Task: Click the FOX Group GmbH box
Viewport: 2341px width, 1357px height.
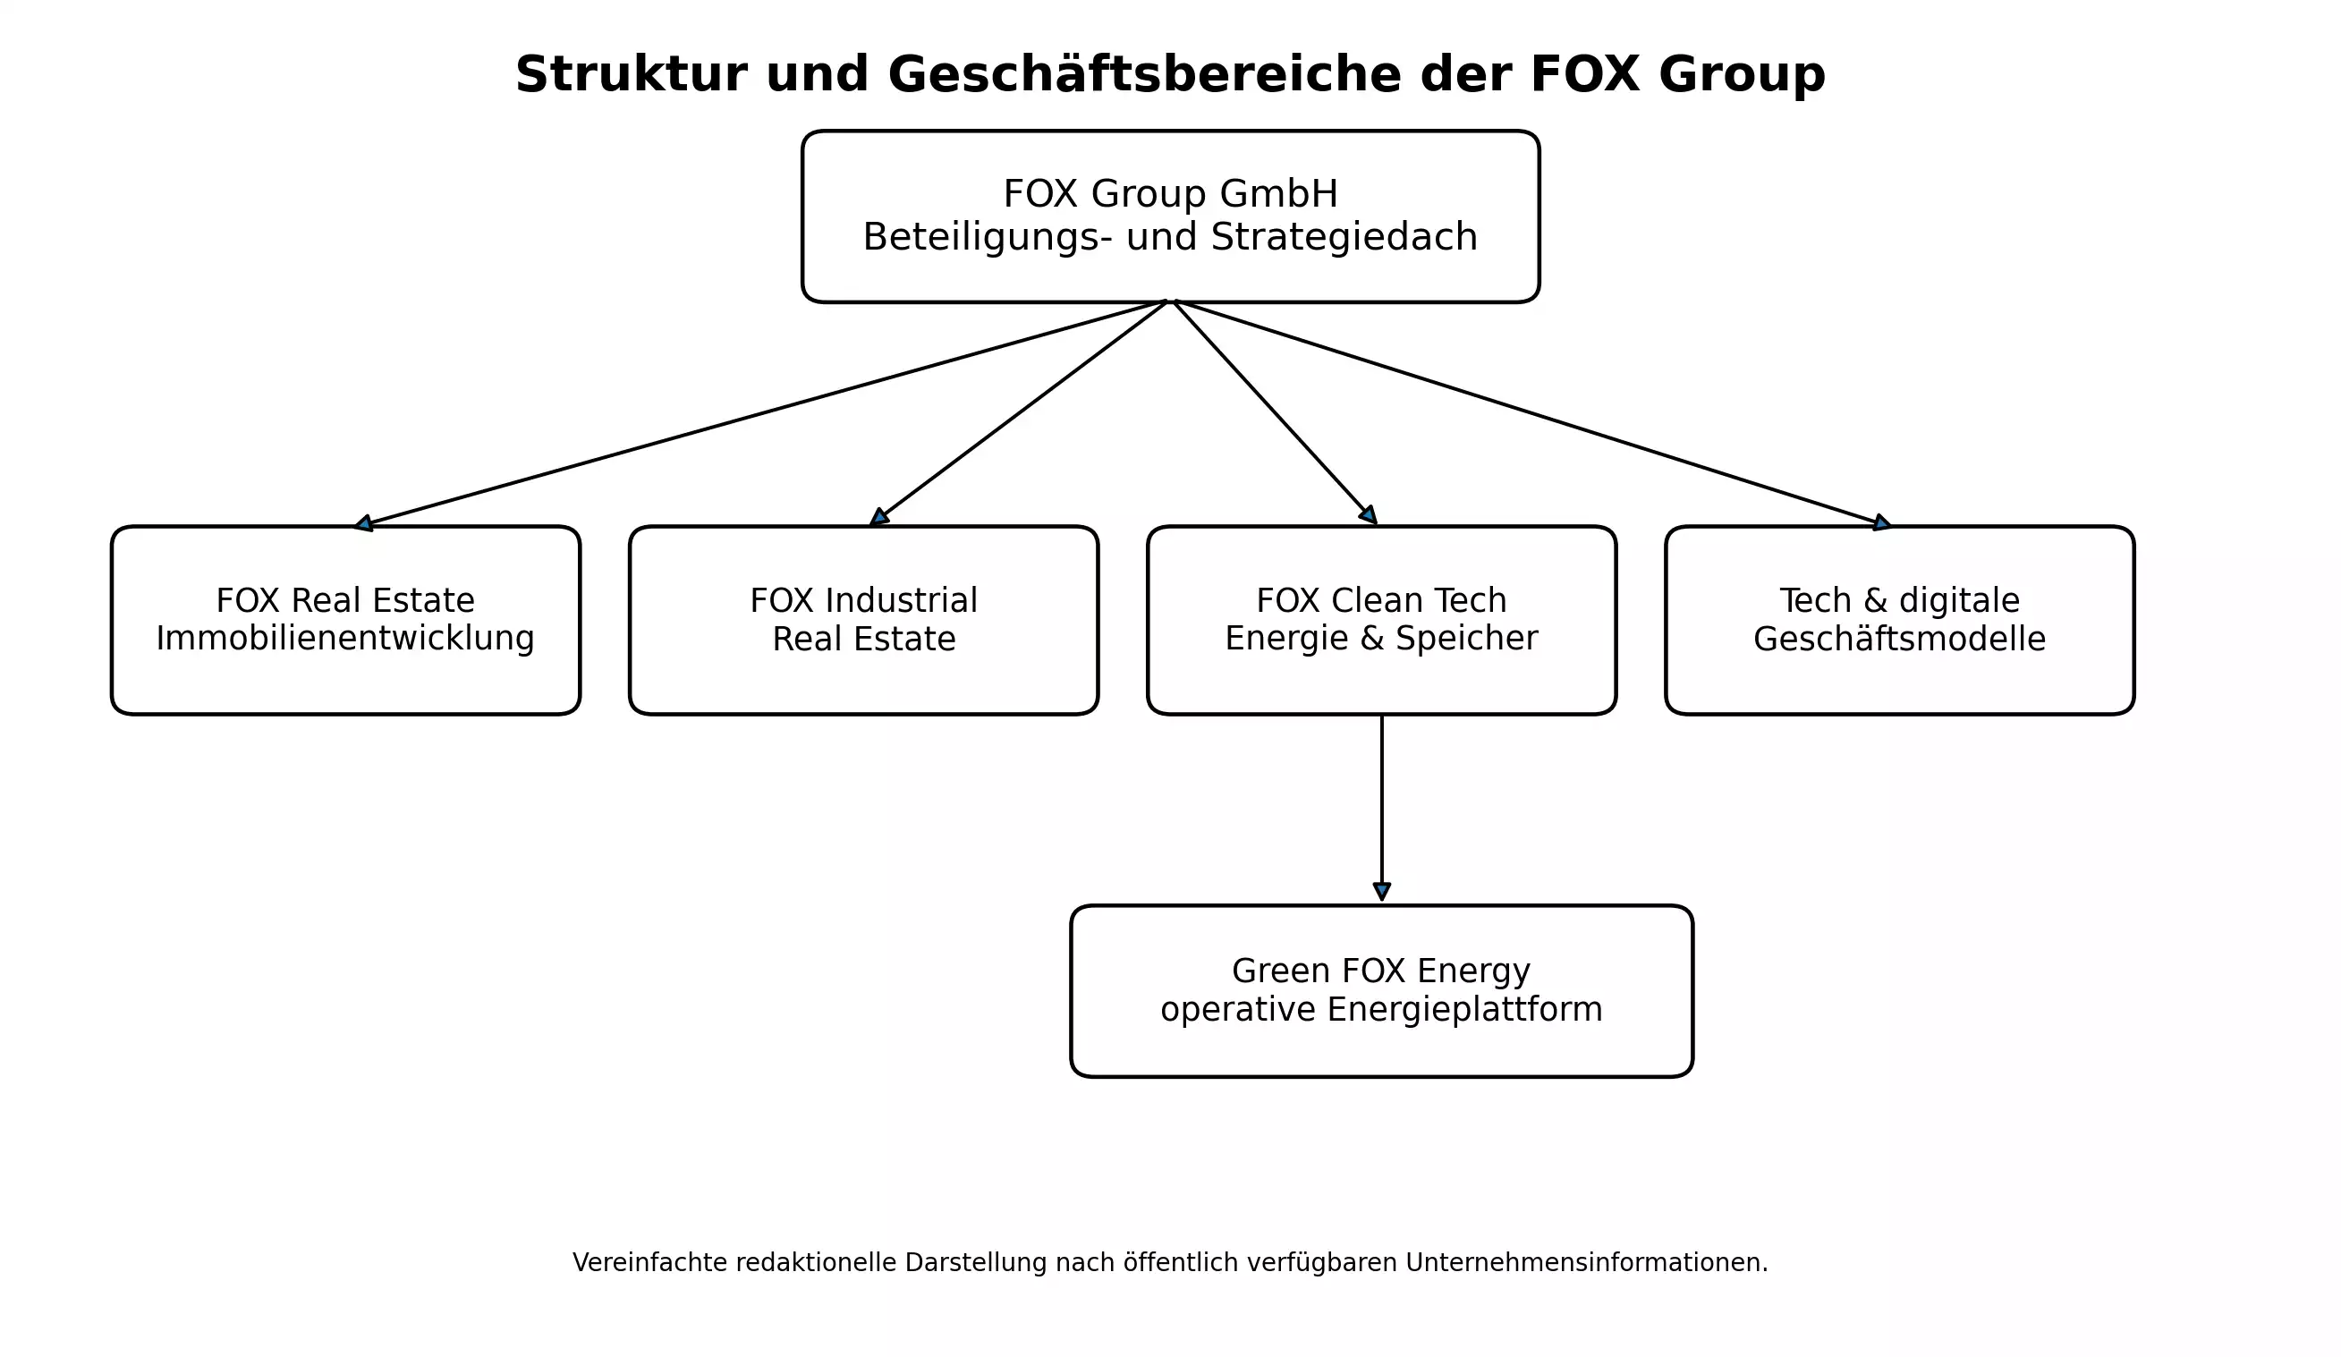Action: tap(1170, 216)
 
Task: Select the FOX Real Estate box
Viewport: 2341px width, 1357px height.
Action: tap(345, 621)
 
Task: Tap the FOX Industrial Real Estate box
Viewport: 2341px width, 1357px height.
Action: tap(864, 621)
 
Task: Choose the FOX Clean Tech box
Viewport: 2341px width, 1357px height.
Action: tap(1381, 621)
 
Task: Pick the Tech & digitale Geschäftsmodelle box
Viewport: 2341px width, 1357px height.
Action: tap(1900, 621)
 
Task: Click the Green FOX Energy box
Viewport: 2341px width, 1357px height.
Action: tap(1381, 990)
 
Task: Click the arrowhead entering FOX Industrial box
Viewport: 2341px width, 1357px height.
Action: tap(878, 517)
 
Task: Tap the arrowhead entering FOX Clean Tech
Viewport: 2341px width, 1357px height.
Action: tap(1369, 514)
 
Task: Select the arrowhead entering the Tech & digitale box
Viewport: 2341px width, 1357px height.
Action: tap(1881, 523)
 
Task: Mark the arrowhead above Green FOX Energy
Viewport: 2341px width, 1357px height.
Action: tap(1381, 892)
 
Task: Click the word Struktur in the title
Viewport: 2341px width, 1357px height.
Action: tap(631, 74)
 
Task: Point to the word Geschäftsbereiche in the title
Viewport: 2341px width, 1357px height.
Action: tap(1144, 74)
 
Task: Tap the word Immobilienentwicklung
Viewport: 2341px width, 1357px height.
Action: tap(345, 639)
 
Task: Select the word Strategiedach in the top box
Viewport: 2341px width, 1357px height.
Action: tap(1344, 237)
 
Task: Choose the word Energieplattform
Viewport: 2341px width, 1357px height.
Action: tap(1465, 1010)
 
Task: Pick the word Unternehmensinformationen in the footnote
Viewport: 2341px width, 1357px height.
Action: tap(1587, 1263)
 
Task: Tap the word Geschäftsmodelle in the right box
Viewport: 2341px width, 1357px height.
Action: tap(1900, 639)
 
